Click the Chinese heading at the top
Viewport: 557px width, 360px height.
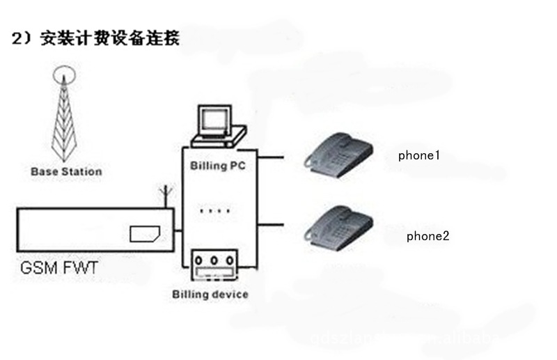(x=95, y=38)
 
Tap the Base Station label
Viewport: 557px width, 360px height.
(x=66, y=171)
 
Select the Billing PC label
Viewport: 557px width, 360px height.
(x=218, y=166)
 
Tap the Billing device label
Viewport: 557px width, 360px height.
(x=210, y=294)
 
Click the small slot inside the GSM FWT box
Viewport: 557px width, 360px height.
(x=146, y=234)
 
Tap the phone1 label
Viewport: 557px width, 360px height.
(x=418, y=155)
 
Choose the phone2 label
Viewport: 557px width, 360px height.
(x=427, y=236)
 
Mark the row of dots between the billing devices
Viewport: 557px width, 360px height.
(x=215, y=210)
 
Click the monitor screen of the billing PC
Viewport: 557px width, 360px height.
(x=213, y=120)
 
